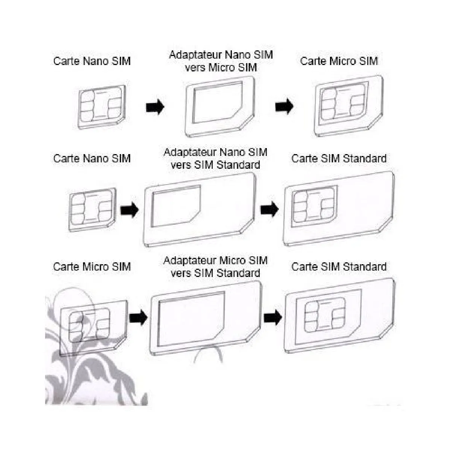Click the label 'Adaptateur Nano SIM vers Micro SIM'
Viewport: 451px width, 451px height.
pyautogui.click(x=221, y=61)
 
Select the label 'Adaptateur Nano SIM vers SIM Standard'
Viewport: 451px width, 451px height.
pyautogui.click(x=215, y=158)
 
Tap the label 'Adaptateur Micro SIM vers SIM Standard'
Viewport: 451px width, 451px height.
pyautogui.click(x=215, y=266)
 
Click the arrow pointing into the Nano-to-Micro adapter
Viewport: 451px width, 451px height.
pyautogui.click(x=155, y=107)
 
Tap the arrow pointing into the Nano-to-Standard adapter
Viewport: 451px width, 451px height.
pyautogui.click(x=129, y=209)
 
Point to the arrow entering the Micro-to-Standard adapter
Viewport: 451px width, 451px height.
pyautogui.click(x=138, y=318)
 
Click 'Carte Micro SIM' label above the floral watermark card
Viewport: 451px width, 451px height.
pyautogui.click(x=92, y=267)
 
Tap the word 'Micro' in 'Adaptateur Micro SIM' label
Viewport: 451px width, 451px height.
pyautogui.click(x=233, y=260)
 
